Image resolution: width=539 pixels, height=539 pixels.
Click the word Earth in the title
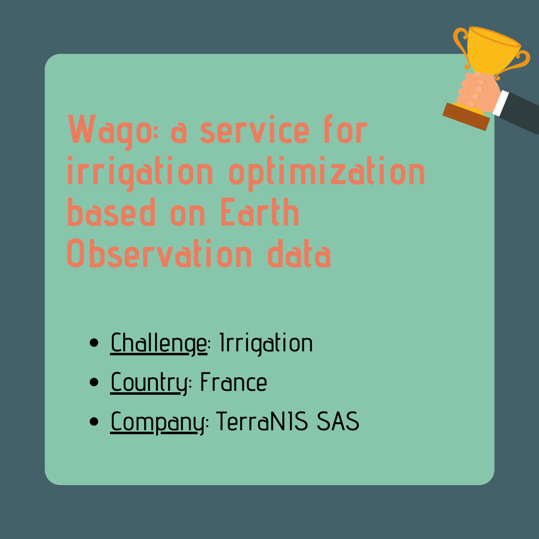260,212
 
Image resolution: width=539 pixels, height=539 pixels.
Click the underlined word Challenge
159,343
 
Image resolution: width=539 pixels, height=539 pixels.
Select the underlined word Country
149,383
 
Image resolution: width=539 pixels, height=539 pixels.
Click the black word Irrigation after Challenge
266,343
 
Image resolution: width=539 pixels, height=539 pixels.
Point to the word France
234,382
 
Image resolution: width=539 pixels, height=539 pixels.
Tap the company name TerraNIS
262,421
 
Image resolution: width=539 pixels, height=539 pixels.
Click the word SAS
338,421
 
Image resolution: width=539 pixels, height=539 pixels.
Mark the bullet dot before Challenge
94,343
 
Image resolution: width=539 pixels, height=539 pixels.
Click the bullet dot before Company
94,421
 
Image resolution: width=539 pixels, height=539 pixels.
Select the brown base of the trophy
466,116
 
